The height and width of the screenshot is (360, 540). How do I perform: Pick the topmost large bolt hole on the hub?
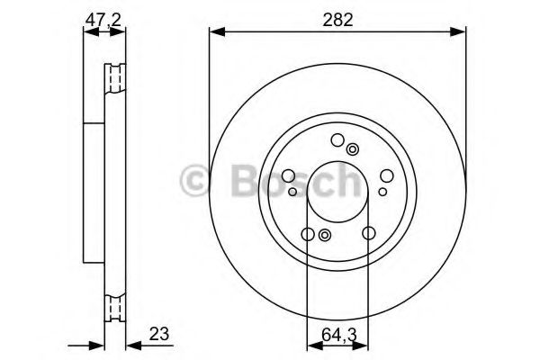click(x=337, y=139)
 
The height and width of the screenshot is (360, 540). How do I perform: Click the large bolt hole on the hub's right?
click(x=385, y=175)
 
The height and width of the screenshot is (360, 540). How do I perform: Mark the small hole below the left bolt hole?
click(x=292, y=191)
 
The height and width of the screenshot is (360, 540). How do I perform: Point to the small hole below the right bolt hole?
click(x=382, y=191)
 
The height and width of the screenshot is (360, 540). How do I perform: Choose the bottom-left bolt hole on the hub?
click(x=308, y=234)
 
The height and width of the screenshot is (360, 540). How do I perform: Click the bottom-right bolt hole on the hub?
click(x=368, y=234)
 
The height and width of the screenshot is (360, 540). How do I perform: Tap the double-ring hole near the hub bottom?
click(x=325, y=236)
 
